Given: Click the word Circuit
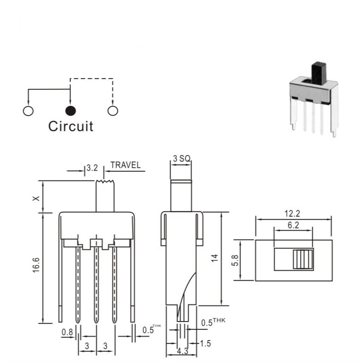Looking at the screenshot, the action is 71,126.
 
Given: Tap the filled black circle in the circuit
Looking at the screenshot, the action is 70,111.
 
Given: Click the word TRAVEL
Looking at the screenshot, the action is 126,165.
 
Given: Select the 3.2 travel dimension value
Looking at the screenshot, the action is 92,168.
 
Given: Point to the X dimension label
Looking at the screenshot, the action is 36,199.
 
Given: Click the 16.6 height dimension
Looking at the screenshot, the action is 37,265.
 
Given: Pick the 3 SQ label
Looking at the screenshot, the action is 182,159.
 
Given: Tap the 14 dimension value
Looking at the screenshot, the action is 215,258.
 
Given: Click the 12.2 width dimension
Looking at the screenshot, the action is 292,213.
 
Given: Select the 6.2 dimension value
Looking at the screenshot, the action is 294,225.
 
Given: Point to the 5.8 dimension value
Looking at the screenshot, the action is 235,260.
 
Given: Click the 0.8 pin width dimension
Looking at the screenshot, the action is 67,332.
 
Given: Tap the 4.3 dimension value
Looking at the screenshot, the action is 182,351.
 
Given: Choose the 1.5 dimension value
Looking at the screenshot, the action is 205,343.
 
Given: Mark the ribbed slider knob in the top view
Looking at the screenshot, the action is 303,259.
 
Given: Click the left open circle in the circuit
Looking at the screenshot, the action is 28,111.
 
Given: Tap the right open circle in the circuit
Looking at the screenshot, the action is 113,111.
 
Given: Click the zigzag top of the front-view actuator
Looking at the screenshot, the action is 105,181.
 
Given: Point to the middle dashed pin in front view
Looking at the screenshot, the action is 96,285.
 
